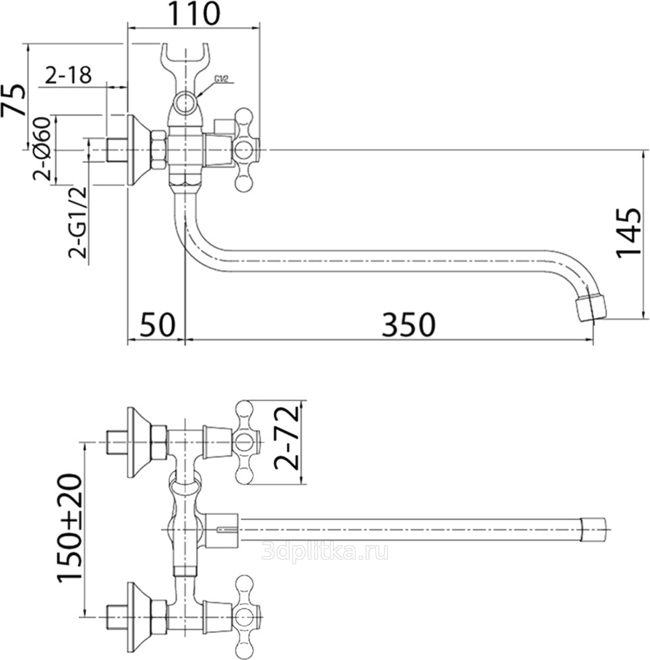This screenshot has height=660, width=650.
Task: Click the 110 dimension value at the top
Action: click(195, 14)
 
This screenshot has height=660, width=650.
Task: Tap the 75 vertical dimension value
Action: click(13, 100)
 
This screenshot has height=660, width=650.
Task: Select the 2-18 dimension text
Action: click(68, 76)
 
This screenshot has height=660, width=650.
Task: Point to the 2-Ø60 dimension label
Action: click(42, 149)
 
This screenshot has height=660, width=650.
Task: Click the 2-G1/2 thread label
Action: click(77, 222)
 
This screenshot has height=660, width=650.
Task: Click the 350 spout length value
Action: click(408, 325)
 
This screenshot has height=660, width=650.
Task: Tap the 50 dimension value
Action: click(156, 325)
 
